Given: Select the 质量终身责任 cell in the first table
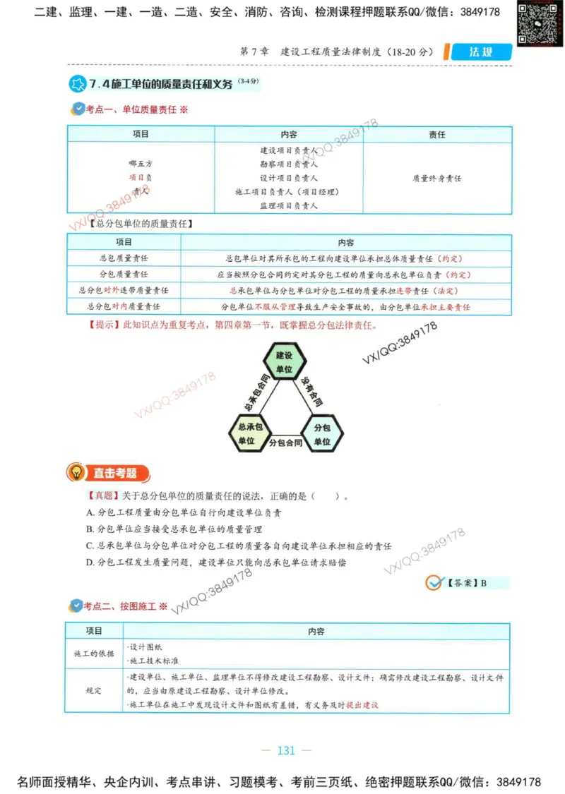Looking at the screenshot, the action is (x=437, y=179).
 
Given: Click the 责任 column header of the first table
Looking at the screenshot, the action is (x=437, y=134).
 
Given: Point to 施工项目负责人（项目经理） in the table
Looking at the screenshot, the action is (x=288, y=192).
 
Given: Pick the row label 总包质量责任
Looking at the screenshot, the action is (x=124, y=258).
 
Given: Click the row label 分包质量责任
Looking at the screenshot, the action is (x=124, y=275).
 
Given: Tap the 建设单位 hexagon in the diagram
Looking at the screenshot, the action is (x=284, y=362).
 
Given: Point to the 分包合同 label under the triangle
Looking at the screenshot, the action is (x=285, y=444).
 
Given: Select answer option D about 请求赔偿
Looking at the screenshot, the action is (x=216, y=563).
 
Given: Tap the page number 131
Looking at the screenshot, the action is (x=286, y=750).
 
